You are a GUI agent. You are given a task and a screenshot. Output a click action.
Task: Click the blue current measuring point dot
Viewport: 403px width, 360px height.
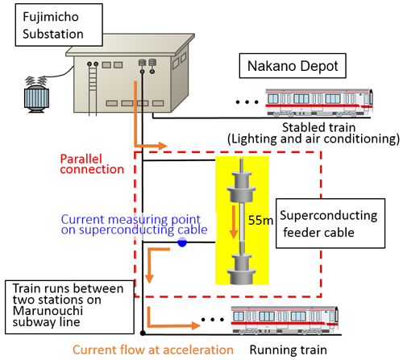[182, 242]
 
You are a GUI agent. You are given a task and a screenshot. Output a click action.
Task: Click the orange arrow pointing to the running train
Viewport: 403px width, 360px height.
[172, 320]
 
